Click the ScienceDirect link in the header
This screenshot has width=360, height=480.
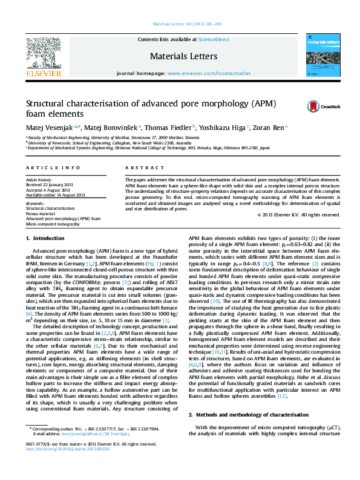coord(214,39)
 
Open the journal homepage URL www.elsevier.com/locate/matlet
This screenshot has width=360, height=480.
coord(209,73)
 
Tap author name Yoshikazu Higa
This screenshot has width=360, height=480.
coord(231,128)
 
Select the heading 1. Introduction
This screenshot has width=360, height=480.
coord(47,239)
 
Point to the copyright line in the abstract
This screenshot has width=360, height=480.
coord(298,215)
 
